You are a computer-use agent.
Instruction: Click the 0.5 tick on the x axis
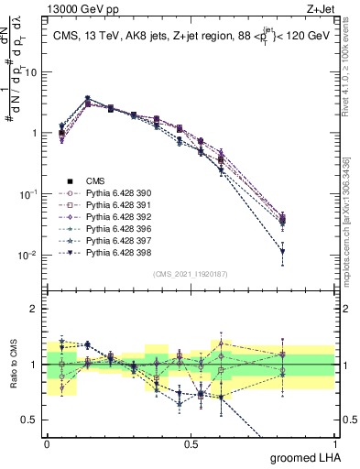191,443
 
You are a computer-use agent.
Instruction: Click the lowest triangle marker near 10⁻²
308,251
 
